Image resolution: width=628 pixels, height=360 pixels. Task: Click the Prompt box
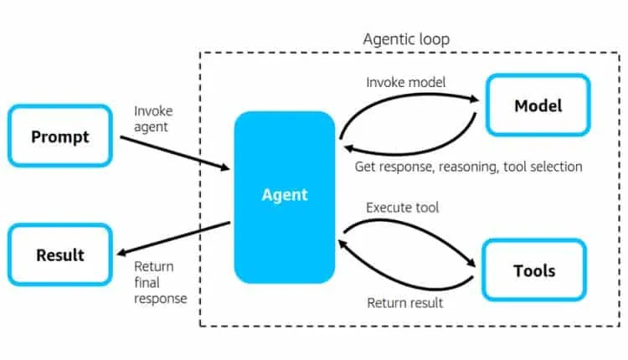coord(59,136)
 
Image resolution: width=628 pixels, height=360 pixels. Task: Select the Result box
coord(59,255)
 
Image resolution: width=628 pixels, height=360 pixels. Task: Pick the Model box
coord(538,105)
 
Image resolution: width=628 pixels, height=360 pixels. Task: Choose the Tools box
coord(533,270)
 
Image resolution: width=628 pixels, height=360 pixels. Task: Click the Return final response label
coord(160,282)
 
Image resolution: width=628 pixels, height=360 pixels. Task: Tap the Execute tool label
coord(403,207)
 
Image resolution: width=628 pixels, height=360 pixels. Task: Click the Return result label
coord(405,302)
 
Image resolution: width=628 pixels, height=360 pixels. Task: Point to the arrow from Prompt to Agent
coord(174,153)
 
